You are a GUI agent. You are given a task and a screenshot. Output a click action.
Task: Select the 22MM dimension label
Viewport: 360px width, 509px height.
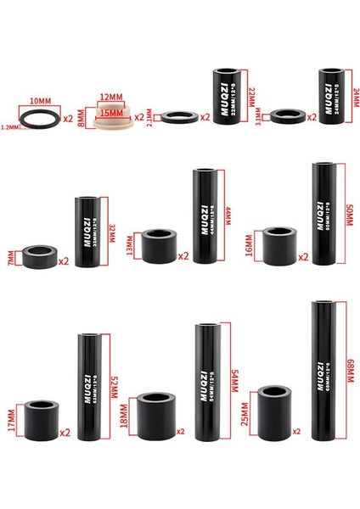[251, 96]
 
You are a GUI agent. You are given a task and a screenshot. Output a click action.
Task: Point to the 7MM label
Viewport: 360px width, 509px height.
[9, 255]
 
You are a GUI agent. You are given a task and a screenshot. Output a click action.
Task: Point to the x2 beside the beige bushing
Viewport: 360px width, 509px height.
[138, 116]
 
